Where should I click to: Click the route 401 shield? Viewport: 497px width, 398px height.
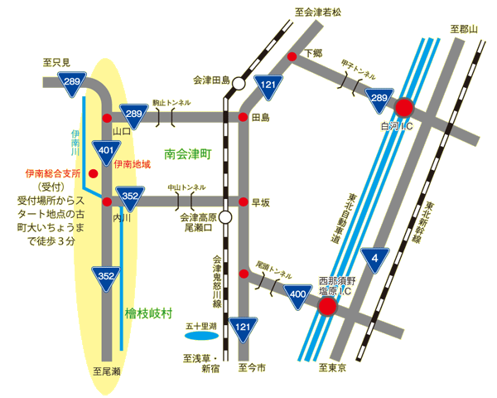pyautogui.click(x=105, y=151)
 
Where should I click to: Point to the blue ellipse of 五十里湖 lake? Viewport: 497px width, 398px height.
pyautogui.click(x=200, y=337)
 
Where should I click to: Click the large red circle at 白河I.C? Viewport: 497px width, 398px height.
pyautogui.click(x=403, y=107)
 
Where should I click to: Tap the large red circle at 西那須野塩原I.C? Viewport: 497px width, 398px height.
pyautogui.click(x=328, y=307)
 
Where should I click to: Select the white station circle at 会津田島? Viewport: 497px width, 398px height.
pyautogui.click(x=239, y=83)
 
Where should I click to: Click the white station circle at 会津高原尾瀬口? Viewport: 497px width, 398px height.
pyautogui.click(x=225, y=217)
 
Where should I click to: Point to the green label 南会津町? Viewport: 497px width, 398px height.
pyautogui.click(x=188, y=154)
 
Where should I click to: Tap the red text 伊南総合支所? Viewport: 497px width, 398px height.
pyautogui.click(x=52, y=174)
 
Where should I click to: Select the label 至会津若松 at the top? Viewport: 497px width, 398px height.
pyautogui.click(x=324, y=13)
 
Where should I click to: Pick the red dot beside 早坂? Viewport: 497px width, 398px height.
pyautogui.click(x=243, y=201)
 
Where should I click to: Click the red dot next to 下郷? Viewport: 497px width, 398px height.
pyautogui.click(x=292, y=56)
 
